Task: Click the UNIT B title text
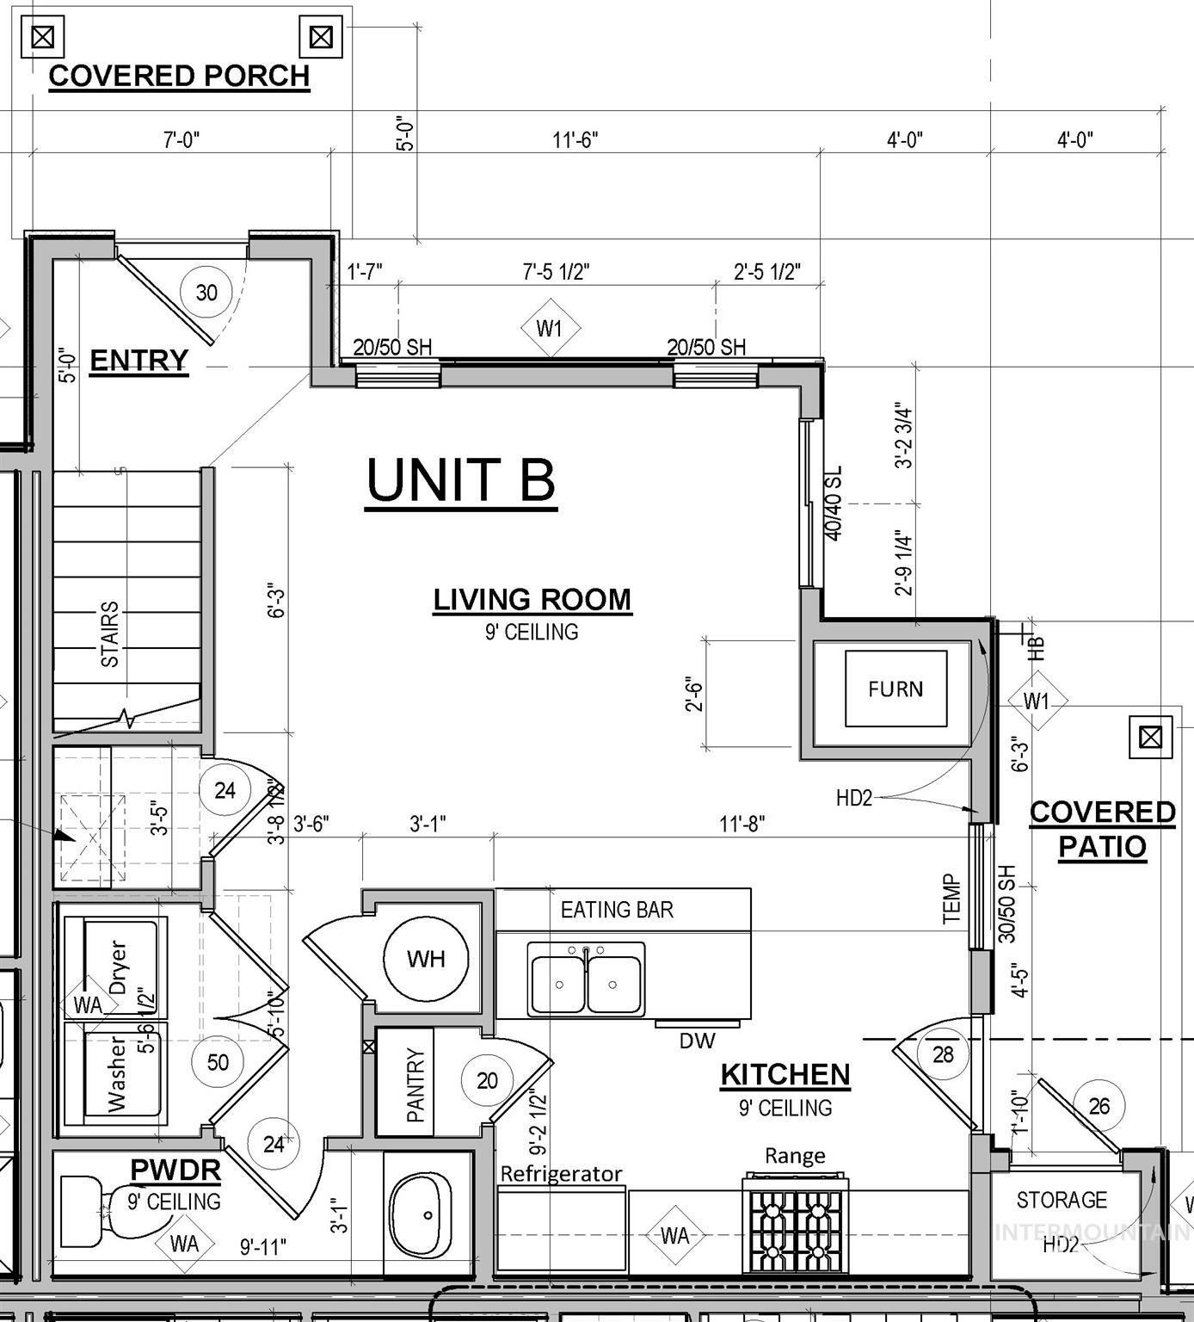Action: point(461,479)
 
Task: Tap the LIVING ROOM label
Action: point(532,599)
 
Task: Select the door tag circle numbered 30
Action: point(206,293)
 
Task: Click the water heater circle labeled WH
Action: point(426,959)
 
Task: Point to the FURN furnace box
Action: point(895,689)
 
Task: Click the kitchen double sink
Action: point(586,979)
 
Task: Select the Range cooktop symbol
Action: point(795,1224)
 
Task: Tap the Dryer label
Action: point(117,967)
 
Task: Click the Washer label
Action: point(117,1074)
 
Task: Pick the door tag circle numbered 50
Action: point(218,1062)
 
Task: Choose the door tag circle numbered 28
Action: point(943,1054)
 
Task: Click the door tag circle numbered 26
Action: point(1099,1107)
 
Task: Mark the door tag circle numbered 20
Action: point(487,1080)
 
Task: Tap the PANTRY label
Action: point(415,1084)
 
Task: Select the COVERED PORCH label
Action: point(179,76)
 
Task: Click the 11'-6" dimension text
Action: point(575,139)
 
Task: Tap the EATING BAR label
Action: point(617,910)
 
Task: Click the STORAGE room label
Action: point(1062,1200)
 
